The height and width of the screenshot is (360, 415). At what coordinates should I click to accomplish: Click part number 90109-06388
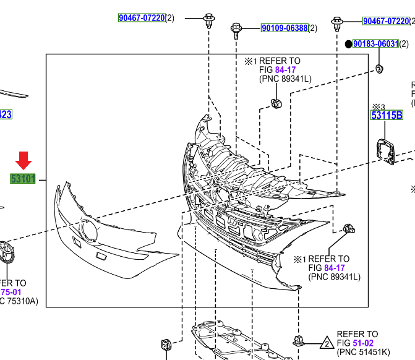click(x=285, y=28)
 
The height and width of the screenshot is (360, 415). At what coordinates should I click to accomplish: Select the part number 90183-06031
click(x=376, y=44)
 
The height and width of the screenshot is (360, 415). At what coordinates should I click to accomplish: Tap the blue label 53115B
click(x=387, y=115)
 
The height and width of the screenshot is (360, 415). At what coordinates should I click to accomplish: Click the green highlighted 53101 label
click(x=24, y=179)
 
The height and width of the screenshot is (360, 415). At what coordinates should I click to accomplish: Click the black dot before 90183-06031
click(x=348, y=45)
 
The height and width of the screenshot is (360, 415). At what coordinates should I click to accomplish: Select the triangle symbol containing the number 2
click(x=327, y=343)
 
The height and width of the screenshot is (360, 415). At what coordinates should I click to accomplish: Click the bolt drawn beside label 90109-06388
click(x=236, y=28)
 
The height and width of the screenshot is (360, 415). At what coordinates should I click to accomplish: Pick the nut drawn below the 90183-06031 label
click(x=379, y=68)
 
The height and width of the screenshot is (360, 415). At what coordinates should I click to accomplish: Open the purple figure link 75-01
click(x=11, y=292)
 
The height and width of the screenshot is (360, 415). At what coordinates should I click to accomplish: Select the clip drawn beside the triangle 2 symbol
click(x=301, y=340)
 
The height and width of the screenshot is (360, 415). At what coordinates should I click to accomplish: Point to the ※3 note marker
click(x=378, y=106)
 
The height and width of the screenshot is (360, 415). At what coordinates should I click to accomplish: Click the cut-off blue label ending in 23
click(x=6, y=114)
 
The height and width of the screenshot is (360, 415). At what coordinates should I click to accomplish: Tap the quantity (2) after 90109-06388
click(x=313, y=28)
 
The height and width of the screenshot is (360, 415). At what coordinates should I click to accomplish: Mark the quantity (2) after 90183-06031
click(x=404, y=44)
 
